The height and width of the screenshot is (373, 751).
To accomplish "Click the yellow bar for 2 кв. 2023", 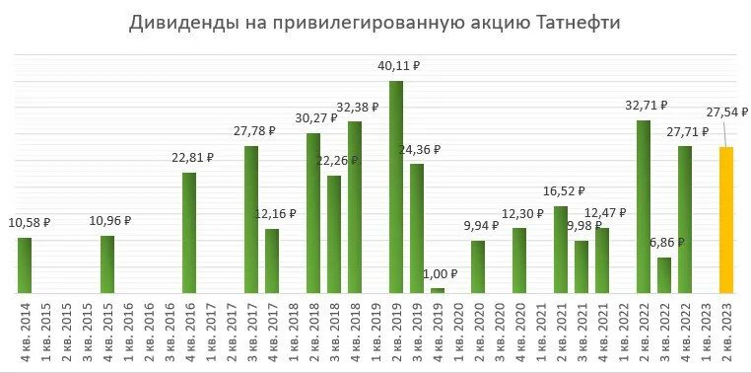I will pos(725,220).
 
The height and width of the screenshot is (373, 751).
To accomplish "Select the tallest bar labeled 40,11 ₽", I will pos(396,187).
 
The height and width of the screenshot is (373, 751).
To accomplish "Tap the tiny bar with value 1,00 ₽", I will pos(438,290).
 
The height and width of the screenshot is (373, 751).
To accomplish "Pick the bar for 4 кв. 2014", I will pos(25,265).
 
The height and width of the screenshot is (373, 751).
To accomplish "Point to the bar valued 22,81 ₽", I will pos(189,233).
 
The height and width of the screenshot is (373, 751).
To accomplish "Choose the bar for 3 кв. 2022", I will pos(664,275).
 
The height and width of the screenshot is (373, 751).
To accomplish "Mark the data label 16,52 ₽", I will pos(564,191).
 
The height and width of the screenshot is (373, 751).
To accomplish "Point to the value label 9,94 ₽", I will pos(482,226).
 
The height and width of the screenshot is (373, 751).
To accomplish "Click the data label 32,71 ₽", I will pos(647,105).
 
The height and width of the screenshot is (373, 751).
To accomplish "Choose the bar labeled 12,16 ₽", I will pos(272,261).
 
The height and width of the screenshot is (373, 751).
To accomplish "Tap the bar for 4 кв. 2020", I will pos(519,261).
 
